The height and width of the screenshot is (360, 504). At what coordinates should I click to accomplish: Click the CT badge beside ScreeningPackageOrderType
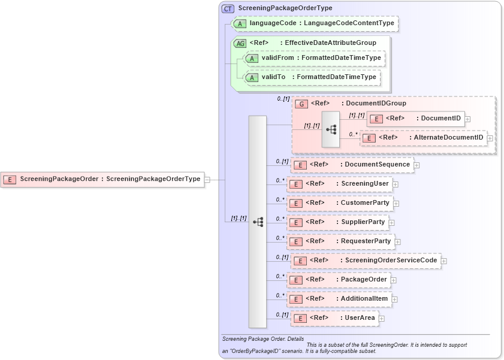pyautogui.click(x=228, y=8)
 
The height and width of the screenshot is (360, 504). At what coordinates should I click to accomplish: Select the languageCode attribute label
pyautogui.click(x=273, y=23)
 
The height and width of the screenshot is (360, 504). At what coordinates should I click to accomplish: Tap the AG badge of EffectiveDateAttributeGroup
pyautogui.click(x=240, y=43)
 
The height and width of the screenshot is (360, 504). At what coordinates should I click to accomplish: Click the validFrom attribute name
pyautogui.click(x=277, y=58)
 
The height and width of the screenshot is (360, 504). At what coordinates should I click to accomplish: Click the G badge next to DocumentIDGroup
pyautogui.click(x=302, y=104)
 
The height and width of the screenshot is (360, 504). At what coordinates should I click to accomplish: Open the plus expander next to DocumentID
pyautogui.click(x=468, y=119)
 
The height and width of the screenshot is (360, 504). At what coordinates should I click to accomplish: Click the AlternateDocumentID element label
pyautogui.click(x=449, y=138)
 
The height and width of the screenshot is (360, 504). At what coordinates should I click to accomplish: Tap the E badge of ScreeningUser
pyautogui.click(x=295, y=184)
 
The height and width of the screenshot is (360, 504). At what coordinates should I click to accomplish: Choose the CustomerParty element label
pyautogui.click(x=365, y=203)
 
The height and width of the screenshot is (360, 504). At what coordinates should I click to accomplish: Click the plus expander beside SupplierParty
pyautogui.click(x=392, y=223)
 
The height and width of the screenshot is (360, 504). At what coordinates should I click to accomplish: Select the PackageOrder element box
pyautogui.click(x=339, y=280)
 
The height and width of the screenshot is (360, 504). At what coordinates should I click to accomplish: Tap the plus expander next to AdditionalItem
pyautogui.click(x=395, y=299)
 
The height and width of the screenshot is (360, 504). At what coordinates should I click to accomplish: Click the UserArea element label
pyautogui.click(x=360, y=318)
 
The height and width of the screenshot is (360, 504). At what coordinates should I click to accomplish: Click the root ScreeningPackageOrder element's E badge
pyautogui.click(x=10, y=179)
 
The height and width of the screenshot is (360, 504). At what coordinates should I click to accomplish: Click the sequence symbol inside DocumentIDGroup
pyautogui.click(x=331, y=129)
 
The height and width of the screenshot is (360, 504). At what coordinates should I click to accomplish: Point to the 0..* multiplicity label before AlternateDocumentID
pyautogui.click(x=353, y=135)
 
